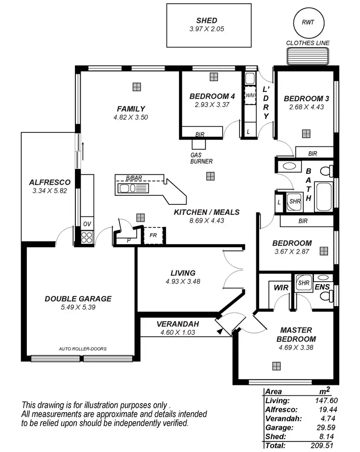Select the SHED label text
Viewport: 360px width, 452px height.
pyautogui.click(x=206, y=21)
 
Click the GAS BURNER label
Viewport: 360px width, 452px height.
pyautogui.click(x=201, y=158)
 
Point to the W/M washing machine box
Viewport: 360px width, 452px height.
pyautogui.click(x=250, y=95)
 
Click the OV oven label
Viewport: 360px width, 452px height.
pyautogui.click(x=86, y=224)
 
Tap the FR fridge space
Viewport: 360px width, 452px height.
pyautogui.click(x=153, y=236)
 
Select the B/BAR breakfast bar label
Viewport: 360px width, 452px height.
pyautogui.click(x=133, y=178)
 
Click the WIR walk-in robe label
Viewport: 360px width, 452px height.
pyautogui.click(x=281, y=287)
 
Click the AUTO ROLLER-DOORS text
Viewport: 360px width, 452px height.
pyautogui.click(x=83, y=349)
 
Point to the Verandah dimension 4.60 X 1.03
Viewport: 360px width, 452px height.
pyautogui.click(x=176, y=332)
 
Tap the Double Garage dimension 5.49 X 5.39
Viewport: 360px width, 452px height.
pyautogui.click(x=78, y=307)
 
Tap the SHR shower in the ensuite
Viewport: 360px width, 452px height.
pyautogui.click(x=303, y=283)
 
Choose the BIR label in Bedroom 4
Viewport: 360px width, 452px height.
pyautogui.click(x=199, y=134)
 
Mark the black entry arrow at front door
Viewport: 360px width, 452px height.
pyautogui.click(x=222, y=330)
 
